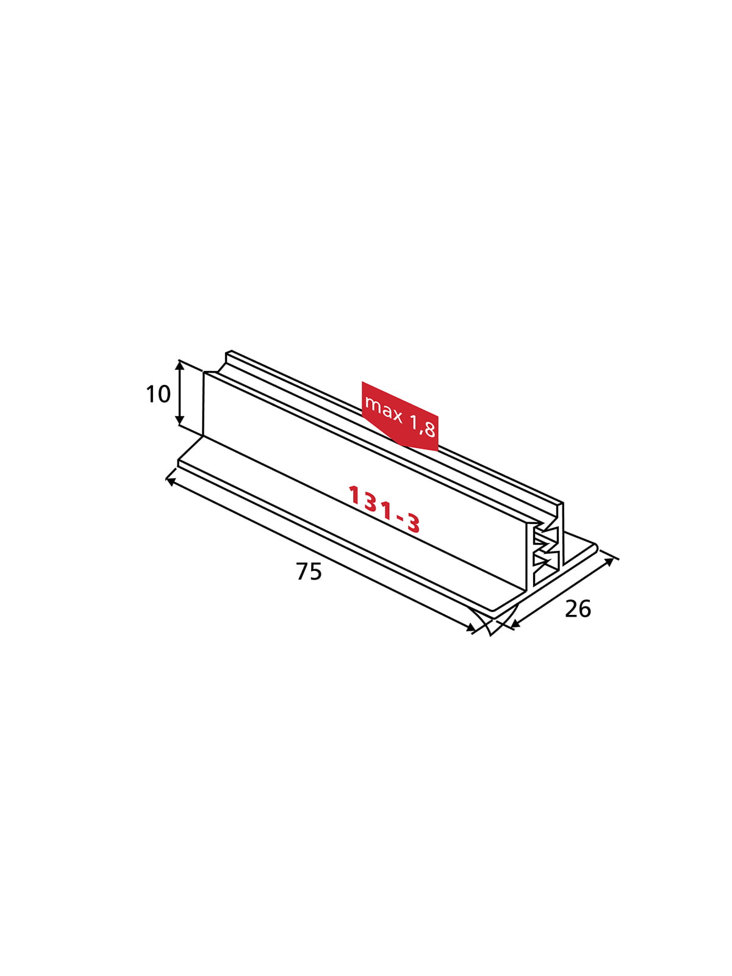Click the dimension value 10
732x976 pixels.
pos(158,394)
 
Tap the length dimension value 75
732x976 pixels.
pos(309,572)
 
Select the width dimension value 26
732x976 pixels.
pos(578,609)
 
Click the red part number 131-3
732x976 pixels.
pos(384,509)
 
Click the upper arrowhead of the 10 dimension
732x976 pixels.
pos(179,365)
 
